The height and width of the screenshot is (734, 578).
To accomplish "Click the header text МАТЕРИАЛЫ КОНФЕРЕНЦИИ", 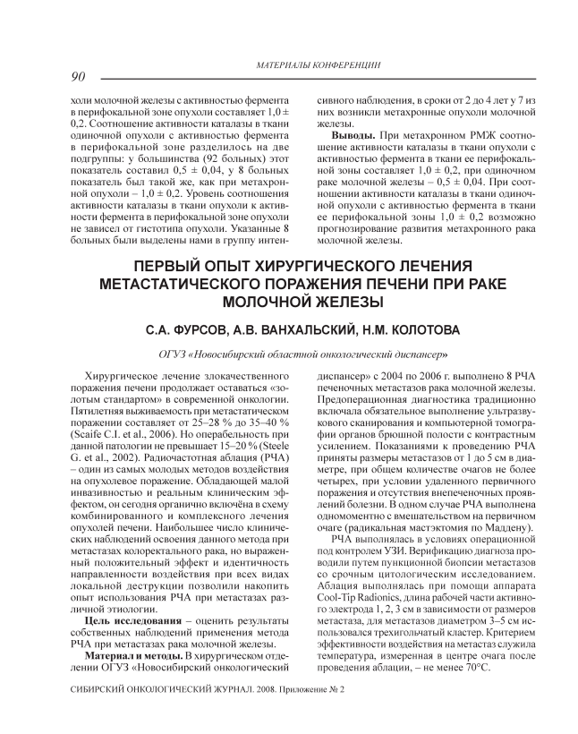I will (319, 65).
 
